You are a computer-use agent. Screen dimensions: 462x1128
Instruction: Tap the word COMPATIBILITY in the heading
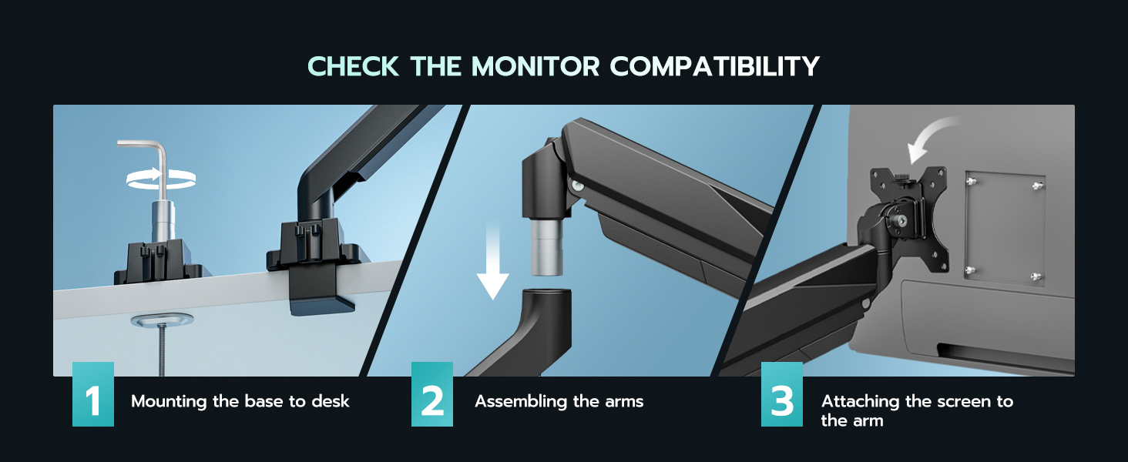tap(714, 66)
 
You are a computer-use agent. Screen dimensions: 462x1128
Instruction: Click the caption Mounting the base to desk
tap(240, 401)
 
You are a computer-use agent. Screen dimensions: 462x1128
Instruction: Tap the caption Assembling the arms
tap(559, 401)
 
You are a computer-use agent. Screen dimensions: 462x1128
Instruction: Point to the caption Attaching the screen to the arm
tap(916, 410)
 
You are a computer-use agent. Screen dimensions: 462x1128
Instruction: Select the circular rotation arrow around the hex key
tap(161, 179)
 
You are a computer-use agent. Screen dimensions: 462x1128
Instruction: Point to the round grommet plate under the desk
tap(162, 320)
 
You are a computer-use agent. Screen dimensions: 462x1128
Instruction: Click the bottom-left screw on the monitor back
tap(970, 269)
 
